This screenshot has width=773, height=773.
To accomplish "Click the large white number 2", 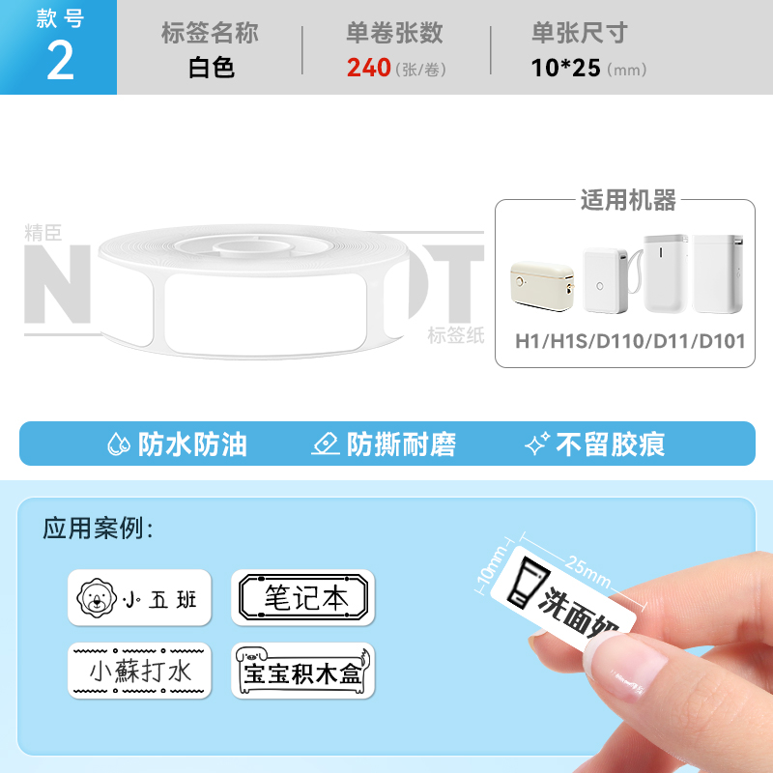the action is [60, 61].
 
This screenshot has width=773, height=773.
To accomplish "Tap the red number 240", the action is [369, 68].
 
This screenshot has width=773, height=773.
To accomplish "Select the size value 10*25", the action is [565, 68].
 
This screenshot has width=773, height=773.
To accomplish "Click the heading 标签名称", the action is [210, 33].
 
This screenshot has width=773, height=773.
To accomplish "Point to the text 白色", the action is [211, 68].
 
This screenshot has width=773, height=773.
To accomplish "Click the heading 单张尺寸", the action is [579, 33].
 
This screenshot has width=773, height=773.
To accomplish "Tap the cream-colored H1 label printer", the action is [542, 286].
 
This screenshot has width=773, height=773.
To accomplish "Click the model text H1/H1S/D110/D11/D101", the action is [630, 341].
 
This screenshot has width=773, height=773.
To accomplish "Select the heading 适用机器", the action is [628, 200].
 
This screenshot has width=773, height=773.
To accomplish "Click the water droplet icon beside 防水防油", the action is [118, 444].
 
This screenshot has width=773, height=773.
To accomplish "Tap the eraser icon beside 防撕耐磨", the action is [326, 444].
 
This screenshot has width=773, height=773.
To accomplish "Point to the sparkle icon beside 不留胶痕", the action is [537, 444].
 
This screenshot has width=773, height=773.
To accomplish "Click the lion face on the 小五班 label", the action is [97, 597].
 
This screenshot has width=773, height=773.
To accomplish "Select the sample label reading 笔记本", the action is [303, 597].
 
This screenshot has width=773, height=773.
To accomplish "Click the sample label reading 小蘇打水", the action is [139, 671].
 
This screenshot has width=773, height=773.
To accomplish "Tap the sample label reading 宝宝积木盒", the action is [303, 671].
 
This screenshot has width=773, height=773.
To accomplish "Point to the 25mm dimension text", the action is [588, 571].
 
